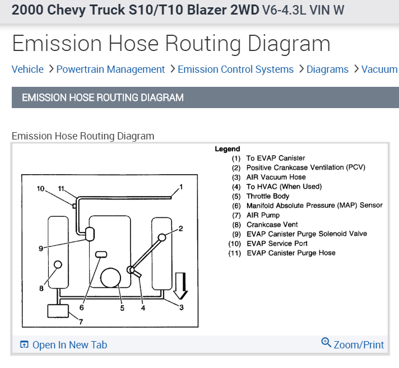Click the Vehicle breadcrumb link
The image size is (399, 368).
pyautogui.click(x=27, y=69)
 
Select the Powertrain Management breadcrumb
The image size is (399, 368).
pyautogui.click(x=110, y=69)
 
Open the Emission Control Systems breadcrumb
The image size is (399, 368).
pyautogui.click(x=235, y=69)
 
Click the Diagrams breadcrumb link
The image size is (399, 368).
pyautogui.click(x=327, y=69)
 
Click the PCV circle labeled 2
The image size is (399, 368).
pyautogui.click(x=162, y=237)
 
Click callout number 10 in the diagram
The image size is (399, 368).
pyautogui.click(x=40, y=189)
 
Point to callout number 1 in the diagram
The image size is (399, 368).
pyautogui.click(x=180, y=187)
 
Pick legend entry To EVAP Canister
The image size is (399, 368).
pyautogui.click(x=276, y=159)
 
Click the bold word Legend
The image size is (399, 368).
pyautogui.click(x=227, y=149)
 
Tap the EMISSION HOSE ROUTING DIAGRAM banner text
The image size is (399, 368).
pyautogui.click(x=103, y=98)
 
